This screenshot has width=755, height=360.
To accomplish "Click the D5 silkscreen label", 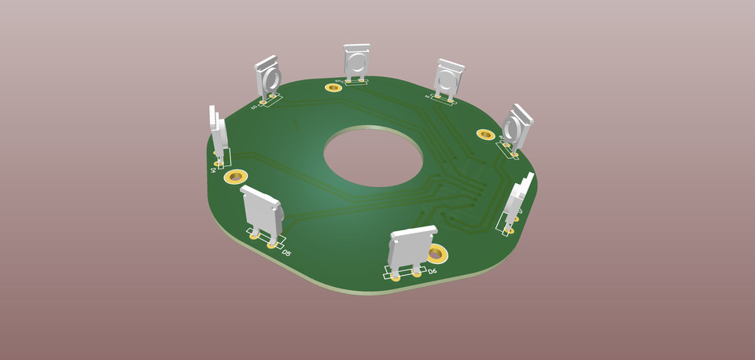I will pyautogui.click(x=287, y=253).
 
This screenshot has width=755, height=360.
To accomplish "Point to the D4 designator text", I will pyautogui.click(x=213, y=169).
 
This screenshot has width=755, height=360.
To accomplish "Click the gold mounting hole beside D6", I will pyautogui.click(x=436, y=254).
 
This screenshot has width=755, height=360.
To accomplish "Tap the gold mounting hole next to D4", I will pyautogui.click(x=235, y=176).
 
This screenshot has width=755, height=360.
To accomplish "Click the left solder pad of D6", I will pyautogui.click(x=396, y=277).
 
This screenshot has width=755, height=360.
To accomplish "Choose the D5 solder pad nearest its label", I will pyautogui.click(x=273, y=244).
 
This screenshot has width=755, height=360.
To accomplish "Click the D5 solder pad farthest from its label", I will pyautogui.click(x=255, y=234).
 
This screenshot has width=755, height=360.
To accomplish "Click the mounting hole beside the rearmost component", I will pyautogui.click(x=333, y=86).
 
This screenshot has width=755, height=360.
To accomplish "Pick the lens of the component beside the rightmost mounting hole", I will pyautogui.click(x=513, y=128).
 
